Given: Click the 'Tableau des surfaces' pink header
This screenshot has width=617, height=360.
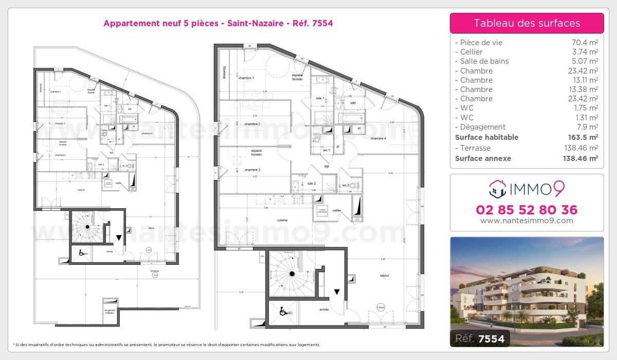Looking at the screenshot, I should (527, 23).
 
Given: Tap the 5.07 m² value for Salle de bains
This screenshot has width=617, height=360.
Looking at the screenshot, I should (583, 61).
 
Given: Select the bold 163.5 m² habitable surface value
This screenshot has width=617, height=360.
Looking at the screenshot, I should (580, 137).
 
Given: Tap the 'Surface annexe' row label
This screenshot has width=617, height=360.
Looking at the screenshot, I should (483, 158).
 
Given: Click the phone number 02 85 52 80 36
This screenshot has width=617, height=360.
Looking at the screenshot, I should (527, 210).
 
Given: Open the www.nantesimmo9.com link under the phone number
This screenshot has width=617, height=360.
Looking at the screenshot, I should (527, 221).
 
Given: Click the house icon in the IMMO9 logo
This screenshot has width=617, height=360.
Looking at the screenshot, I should (497, 189).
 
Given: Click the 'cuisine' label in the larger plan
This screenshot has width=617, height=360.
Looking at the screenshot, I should (282, 220).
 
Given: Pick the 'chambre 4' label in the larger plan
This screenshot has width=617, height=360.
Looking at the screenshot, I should (378, 138).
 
